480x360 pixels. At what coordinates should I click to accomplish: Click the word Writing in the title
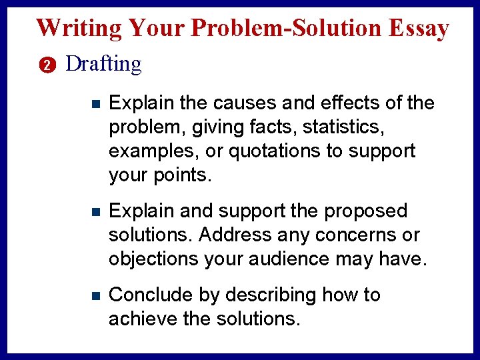[x=79, y=28]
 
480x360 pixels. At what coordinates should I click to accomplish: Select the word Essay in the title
[x=419, y=28]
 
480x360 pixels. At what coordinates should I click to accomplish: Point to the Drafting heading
[x=104, y=65]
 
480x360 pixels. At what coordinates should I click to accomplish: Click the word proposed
[x=365, y=211]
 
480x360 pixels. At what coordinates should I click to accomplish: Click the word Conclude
[x=151, y=295]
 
